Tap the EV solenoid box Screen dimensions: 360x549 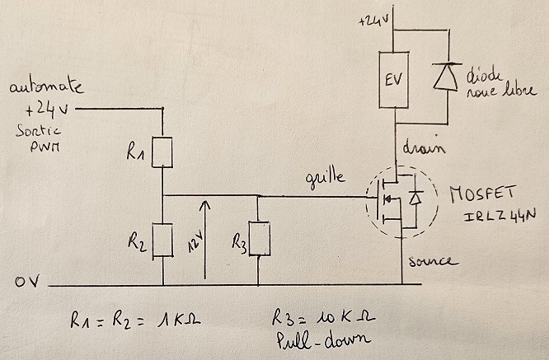(394, 81)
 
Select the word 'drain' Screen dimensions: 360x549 (425, 149)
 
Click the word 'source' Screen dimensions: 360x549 (433, 262)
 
